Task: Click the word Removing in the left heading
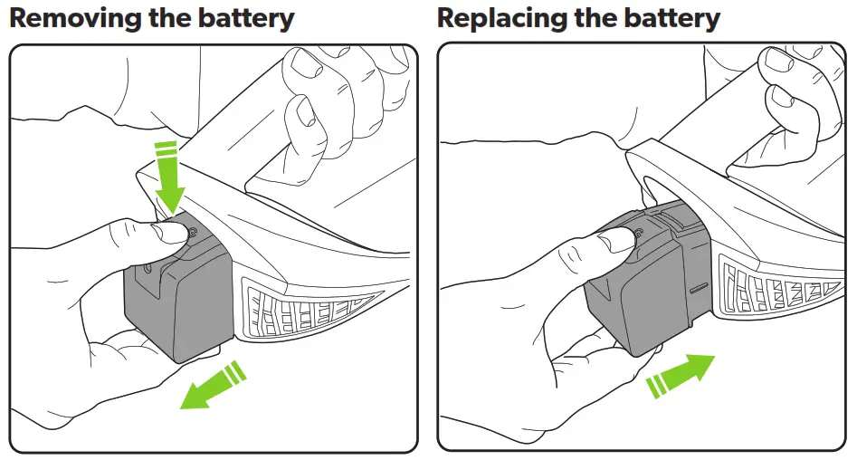pos(71,17)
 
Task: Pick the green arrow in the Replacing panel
pos(681,374)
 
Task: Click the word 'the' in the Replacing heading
pos(598,17)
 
